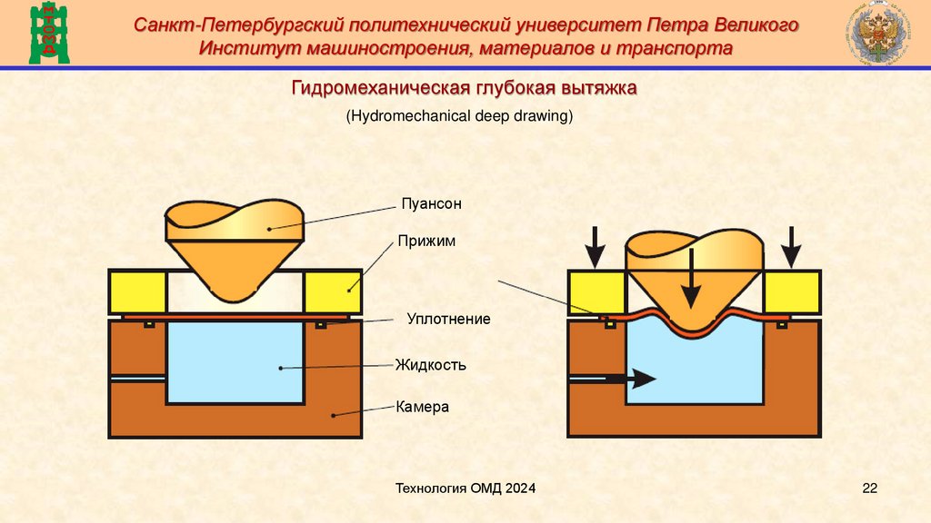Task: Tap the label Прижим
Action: click(425, 242)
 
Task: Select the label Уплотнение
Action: click(448, 320)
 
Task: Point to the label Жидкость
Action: click(430, 366)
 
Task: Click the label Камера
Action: click(422, 408)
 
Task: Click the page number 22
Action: click(869, 489)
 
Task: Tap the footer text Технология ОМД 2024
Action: click(465, 489)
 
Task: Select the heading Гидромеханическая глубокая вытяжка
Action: click(465, 89)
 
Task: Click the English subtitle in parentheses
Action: click(459, 116)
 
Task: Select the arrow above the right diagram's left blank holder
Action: click(595, 245)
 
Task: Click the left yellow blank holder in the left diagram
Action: click(137, 291)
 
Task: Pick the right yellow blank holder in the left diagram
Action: click(334, 291)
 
